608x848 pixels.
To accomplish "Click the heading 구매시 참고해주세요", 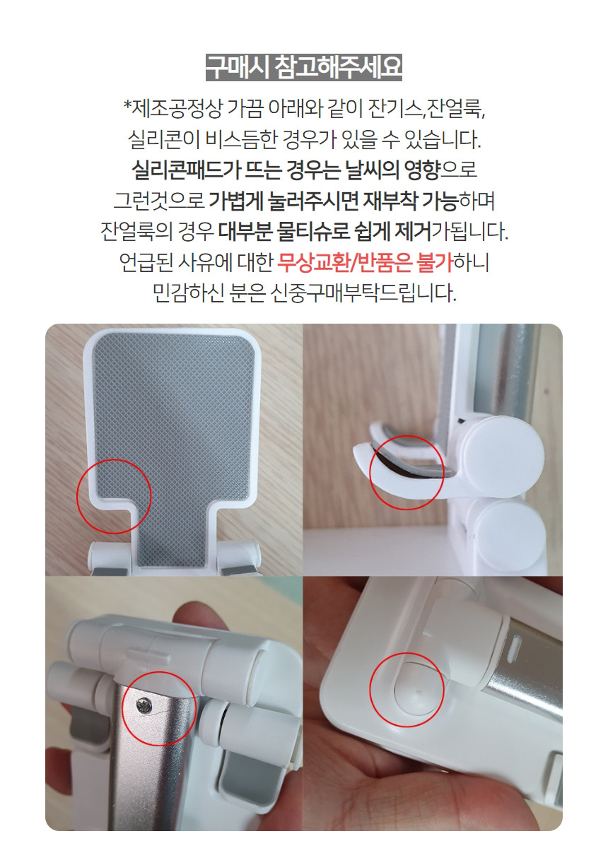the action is pyautogui.click(x=304, y=67).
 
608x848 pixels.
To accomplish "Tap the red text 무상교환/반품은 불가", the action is pyautogui.click(x=366, y=262).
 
